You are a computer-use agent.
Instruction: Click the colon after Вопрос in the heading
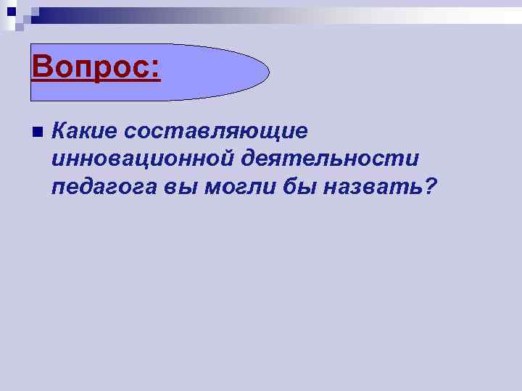point(154,70)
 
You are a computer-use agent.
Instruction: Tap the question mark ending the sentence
point(429,187)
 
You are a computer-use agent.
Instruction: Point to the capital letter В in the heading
point(42,68)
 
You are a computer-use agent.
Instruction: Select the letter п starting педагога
point(58,189)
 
